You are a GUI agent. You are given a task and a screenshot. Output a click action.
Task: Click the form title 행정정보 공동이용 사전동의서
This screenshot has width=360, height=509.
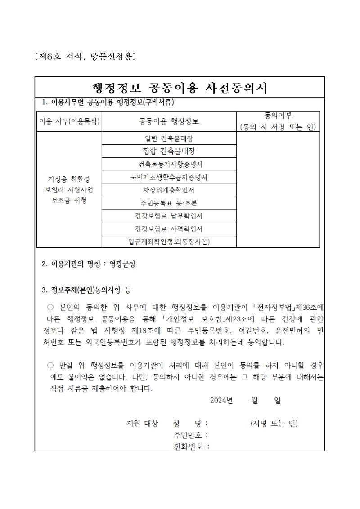180,87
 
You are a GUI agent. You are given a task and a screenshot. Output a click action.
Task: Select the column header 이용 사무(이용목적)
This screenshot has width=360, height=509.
69,121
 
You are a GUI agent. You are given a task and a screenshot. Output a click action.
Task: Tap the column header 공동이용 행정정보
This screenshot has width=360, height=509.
169,121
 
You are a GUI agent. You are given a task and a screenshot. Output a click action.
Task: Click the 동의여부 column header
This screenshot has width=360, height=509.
278,121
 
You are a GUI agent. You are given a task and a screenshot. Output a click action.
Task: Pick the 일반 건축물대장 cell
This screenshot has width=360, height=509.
169,138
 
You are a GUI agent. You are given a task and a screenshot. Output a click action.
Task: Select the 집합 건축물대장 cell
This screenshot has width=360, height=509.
169,151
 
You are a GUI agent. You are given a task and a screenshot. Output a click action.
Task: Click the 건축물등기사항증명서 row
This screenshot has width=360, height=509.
169,164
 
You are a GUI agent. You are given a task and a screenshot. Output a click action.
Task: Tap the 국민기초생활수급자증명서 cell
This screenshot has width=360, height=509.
169,177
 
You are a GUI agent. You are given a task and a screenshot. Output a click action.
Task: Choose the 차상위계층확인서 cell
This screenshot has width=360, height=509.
169,190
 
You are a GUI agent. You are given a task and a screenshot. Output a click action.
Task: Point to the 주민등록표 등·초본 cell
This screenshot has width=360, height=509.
169,203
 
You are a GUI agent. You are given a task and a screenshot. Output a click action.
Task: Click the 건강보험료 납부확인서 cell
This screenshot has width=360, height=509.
169,215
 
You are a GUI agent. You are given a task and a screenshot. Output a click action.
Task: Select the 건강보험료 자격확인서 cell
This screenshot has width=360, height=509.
169,228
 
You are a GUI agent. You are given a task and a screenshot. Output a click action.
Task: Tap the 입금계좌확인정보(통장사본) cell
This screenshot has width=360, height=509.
169,241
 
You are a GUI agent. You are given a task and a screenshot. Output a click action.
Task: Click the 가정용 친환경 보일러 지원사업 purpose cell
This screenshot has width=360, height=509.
69,189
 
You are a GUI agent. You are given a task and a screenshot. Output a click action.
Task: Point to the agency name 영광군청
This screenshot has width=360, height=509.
122,264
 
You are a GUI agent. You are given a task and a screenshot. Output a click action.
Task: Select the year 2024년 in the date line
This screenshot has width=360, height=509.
220,400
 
